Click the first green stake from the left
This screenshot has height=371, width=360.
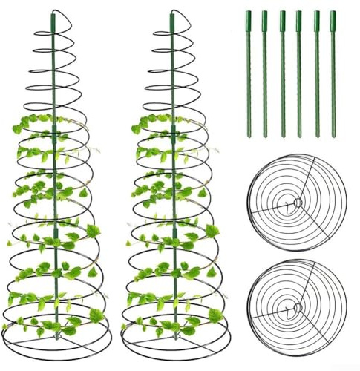[247, 74]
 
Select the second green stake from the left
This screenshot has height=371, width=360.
[264, 74]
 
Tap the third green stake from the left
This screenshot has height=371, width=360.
[282, 74]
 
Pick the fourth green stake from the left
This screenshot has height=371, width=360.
[299, 74]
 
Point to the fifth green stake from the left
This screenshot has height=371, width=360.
[316, 74]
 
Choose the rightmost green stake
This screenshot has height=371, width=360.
[333, 74]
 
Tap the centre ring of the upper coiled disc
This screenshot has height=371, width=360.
[296, 203]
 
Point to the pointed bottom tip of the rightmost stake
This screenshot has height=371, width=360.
[333, 136]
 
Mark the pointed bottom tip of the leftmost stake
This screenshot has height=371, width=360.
[248, 136]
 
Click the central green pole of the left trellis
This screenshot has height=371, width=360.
[55, 185]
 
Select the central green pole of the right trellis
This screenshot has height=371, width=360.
[174, 185]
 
